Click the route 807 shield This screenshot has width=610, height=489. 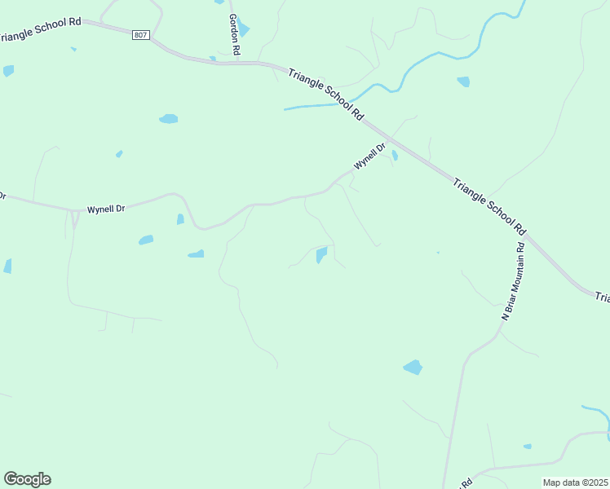pyautogui.click(x=140, y=34)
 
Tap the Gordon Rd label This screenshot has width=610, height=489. pyautogui.click(x=235, y=35)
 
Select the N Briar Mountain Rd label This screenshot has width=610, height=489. pyautogui.click(x=511, y=280)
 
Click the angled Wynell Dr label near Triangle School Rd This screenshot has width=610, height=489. pyautogui.click(x=369, y=156)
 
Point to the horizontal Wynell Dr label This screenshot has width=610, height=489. pyautogui.click(x=106, y=209)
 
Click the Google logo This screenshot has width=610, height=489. pyautogui.click(x=27, y=479)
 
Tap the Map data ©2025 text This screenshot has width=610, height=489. pyautogui.click(x=575, y=482)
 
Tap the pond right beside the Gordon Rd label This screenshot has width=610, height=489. pyautogui.click(x=244, y=30)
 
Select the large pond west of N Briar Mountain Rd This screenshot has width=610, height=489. pyautogui.click(x=413, y=367)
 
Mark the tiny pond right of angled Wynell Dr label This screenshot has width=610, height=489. pyautogui.click(x=395, y=155)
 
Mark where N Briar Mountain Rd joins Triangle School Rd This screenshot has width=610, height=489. pyautogui.click(x=526, y=236)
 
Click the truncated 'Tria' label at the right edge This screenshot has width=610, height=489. pyautogui.click(x=602, y=297)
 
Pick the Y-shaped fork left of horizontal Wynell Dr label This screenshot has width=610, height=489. pyautogui.click(x=74, y=214)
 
